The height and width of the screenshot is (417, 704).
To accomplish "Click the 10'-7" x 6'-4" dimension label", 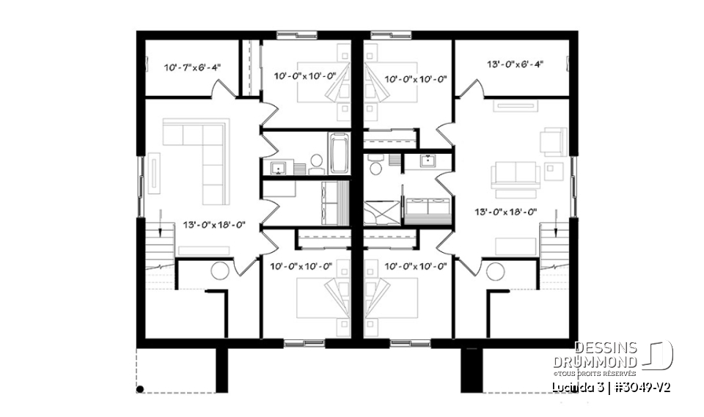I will [191, 67].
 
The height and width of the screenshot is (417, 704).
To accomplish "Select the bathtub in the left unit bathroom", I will [338, 152].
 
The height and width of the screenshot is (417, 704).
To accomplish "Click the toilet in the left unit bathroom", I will [316, 162].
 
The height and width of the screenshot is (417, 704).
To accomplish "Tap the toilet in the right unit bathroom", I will [375, 168].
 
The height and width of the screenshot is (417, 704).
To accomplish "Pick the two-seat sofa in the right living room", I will [515, 174].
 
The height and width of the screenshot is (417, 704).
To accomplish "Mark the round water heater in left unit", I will [219, 270].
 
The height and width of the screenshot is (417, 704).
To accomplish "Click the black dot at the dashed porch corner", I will [141, 388].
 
